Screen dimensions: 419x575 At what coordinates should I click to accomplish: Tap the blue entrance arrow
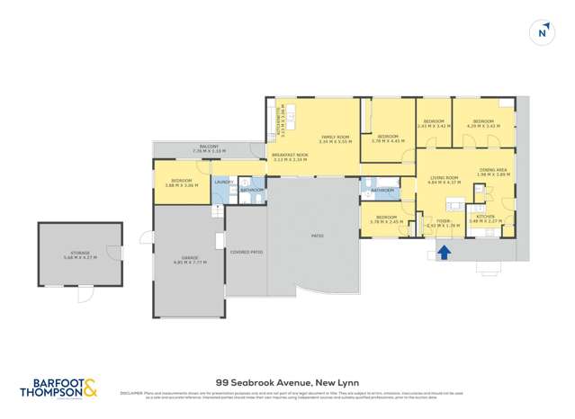(443, 254)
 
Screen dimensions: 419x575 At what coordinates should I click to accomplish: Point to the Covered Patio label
(246, 253)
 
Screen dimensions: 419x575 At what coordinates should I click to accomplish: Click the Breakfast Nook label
(290, 156)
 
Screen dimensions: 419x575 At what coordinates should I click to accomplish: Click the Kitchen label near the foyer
(486, 216)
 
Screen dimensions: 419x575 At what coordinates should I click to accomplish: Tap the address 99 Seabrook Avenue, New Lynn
(287, 381)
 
